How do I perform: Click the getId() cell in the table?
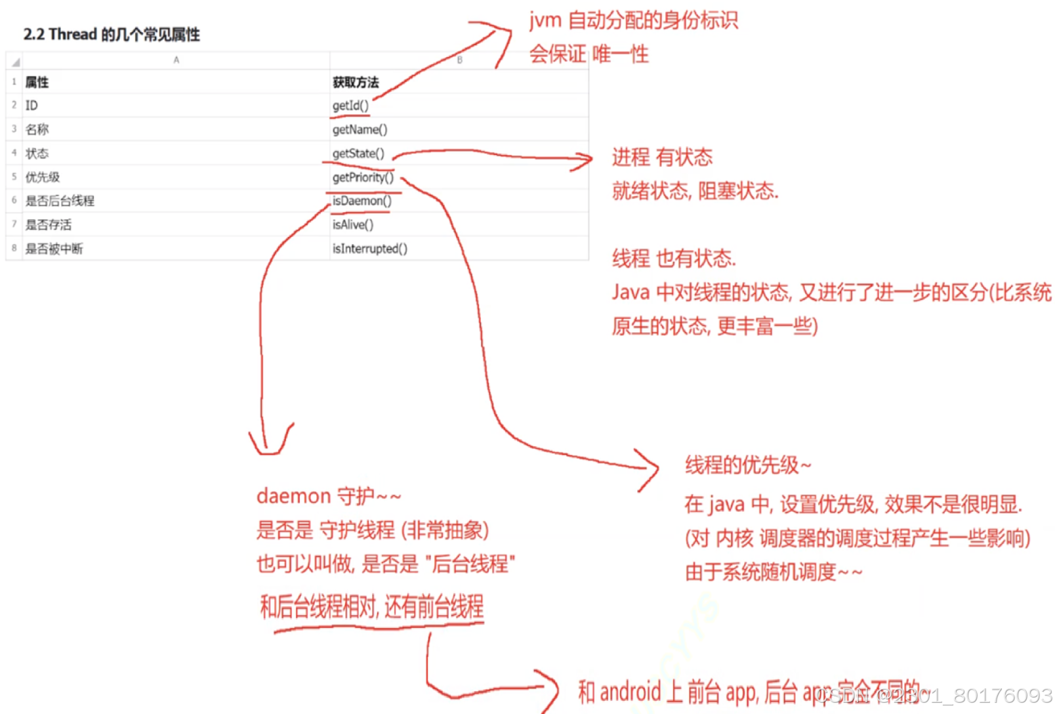click(x=350, y=106)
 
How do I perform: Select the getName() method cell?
click(x=360, y=129)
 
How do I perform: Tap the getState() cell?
click(x=358, y=154)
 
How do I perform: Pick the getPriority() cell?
click(x=363, y=177)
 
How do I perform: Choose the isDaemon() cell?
click(x=362, y=201)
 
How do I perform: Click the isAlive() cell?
click(x=353, y=224)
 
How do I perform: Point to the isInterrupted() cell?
click(x=369, y=249)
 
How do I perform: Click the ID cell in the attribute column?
click(x=31, y=106)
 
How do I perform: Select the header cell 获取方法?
click(x=356, y=82)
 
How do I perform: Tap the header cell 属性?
click(x=37, y=82)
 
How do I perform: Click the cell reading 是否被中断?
click(x=54, y=249)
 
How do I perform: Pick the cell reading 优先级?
click(x=43, y=177)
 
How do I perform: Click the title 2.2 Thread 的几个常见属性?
click(x=112, y=34)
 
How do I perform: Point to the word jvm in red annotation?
click(x=545, y=20)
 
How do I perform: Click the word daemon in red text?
click(x=293, y=496)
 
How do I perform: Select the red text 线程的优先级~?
click(x=747, y=465)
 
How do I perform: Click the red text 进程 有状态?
click(x=661, y=157)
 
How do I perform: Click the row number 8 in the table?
click(x=14, y=248)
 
